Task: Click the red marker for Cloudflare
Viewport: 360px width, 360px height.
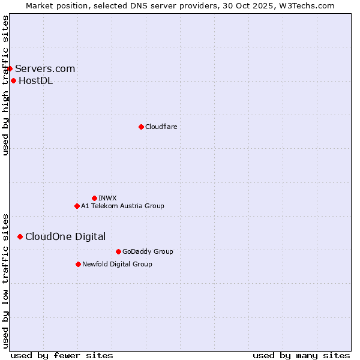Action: pos(141,127)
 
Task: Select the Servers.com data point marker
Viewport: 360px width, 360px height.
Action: pos(10,69)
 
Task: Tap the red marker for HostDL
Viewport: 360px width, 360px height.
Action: pos(13,81)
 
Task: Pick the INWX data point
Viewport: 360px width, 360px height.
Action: pos(94,198)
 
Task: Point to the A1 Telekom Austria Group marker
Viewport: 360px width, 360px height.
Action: pos(77,206)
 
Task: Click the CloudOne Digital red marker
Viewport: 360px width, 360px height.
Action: pos(20,237)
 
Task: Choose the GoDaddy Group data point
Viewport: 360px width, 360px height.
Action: pos(118,251)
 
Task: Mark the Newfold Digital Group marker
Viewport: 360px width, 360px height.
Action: pos(78,264)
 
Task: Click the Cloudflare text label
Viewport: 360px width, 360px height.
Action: pos(161,127)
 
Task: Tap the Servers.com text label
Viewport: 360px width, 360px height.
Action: pos(45,69)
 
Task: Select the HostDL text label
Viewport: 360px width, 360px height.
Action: pos(35,81)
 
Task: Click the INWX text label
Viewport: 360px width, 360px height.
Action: pos(107,198)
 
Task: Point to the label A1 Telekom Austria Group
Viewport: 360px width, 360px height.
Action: pos(122,206)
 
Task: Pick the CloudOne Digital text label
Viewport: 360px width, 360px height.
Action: pos(65,237)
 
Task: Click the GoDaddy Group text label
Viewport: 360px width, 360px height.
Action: pos(148,251)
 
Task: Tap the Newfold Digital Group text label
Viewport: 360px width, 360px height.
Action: pos(117,264)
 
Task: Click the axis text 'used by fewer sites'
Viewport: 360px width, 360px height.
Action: pos(61,355)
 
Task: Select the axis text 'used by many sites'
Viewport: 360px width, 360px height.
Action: pos(301,355)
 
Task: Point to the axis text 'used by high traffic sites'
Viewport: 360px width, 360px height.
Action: pos(5,85)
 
